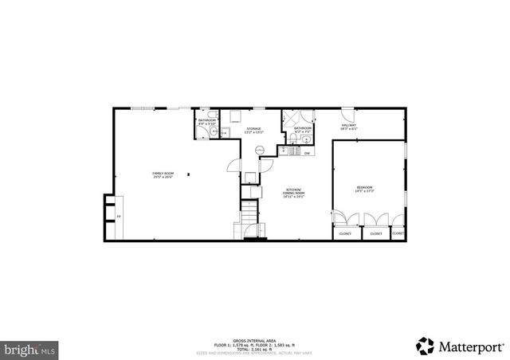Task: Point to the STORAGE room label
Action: click(253, 129)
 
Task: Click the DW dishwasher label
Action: click(306, 152)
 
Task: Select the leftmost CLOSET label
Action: click(345, 233)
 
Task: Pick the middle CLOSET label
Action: click(375, 233)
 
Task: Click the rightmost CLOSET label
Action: click(398, 233)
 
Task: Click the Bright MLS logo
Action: click(31, 348)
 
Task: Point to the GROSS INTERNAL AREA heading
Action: click(255, 340)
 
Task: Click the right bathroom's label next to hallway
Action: click(303, 129)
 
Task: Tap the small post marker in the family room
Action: click(190, 174)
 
